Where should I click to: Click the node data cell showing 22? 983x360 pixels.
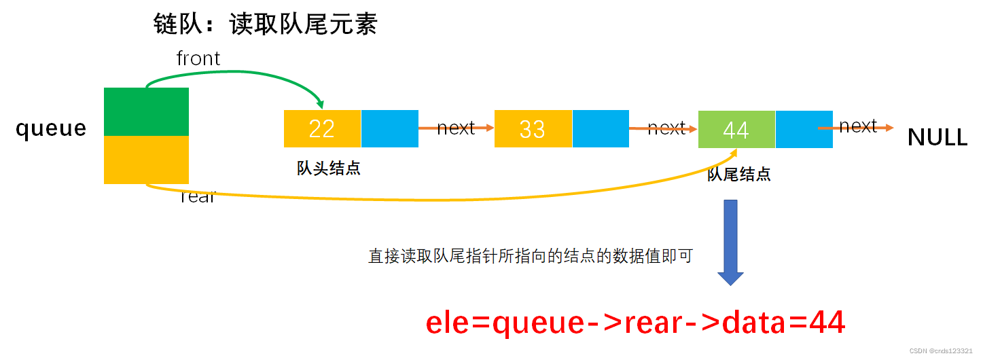coord(322,128)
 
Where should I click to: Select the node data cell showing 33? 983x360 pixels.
coord(533,128)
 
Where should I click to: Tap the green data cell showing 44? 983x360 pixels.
coord(736,129)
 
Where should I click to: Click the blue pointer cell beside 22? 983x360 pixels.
coord(389,128)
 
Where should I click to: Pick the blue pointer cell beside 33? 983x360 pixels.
coord(601,128)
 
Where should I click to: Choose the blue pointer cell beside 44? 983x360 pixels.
coord(804,129)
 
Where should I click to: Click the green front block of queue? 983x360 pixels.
coord(146,111)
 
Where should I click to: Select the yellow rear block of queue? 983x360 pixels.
coord(146,160)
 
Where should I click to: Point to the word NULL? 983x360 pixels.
coord(937,138)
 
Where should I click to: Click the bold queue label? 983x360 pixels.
coord(52,128)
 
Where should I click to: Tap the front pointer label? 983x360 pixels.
coord(198,59)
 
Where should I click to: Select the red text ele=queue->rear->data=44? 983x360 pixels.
coord(635,323)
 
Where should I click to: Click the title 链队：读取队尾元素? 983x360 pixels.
coord(266,25)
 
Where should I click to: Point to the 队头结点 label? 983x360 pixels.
coord(328,169)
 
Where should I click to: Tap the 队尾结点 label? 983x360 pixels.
coord(738,175)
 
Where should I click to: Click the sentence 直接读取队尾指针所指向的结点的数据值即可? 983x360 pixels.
coord(530,256)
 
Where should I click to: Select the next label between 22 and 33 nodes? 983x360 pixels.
coord(455,128)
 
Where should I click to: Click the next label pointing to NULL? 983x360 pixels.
coord(858,126)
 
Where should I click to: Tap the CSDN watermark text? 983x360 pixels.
coord(940,350)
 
